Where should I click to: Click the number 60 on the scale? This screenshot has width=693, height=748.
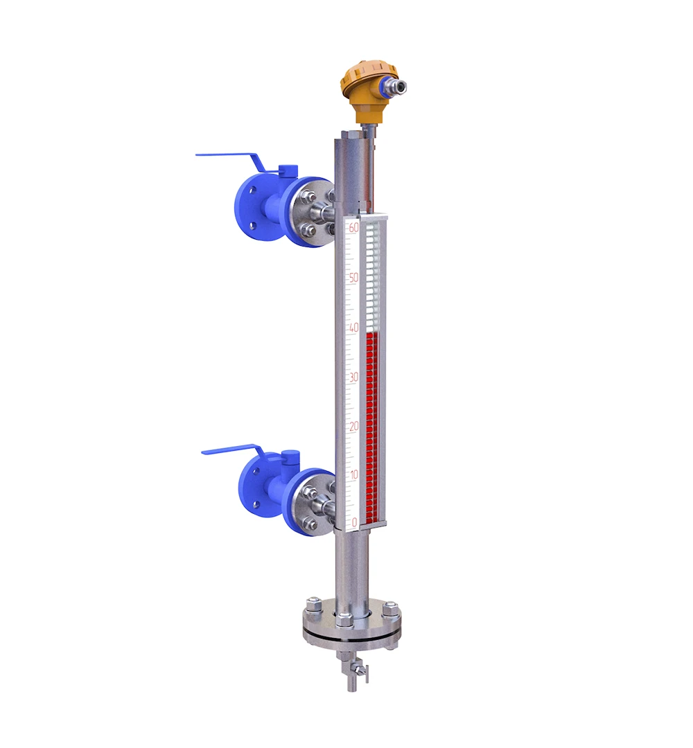click(353, 228)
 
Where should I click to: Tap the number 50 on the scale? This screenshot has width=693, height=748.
click(353, 278)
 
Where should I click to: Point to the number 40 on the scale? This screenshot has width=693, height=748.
click(353, 328)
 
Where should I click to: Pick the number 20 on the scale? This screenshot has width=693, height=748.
click(353, 427)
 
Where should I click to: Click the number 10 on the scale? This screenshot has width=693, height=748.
click(353, 475)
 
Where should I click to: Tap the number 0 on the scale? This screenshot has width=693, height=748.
click(355, 522)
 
